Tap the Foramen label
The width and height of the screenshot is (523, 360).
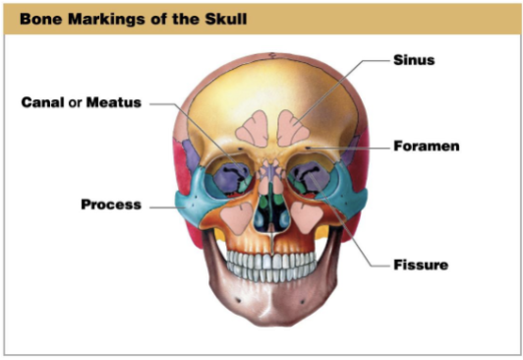pos(427,146)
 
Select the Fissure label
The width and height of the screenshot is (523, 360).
pos(420,265)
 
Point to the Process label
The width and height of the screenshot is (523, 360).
pos(111,205)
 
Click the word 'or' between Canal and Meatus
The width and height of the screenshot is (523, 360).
pos(75,102)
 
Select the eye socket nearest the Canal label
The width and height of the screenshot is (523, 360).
pos(222,177)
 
